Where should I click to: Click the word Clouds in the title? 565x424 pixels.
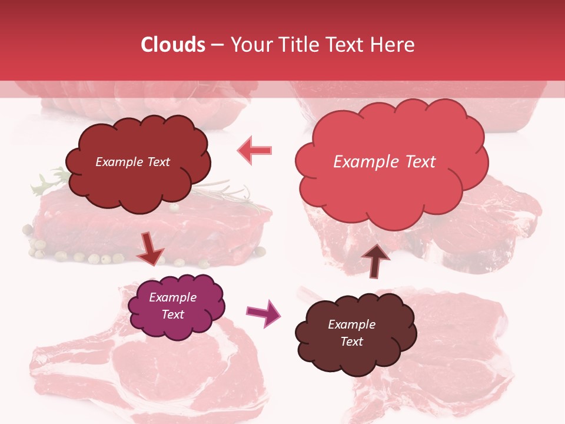point(174,45)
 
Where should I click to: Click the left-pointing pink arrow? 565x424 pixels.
point(255,150)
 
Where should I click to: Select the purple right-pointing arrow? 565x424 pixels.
point(263,313)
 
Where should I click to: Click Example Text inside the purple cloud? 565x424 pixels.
point(172,306)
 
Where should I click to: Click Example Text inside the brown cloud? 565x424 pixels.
point(351,333)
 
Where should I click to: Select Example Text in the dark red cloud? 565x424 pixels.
point(132,162)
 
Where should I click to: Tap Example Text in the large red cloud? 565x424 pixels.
point(384,162)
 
